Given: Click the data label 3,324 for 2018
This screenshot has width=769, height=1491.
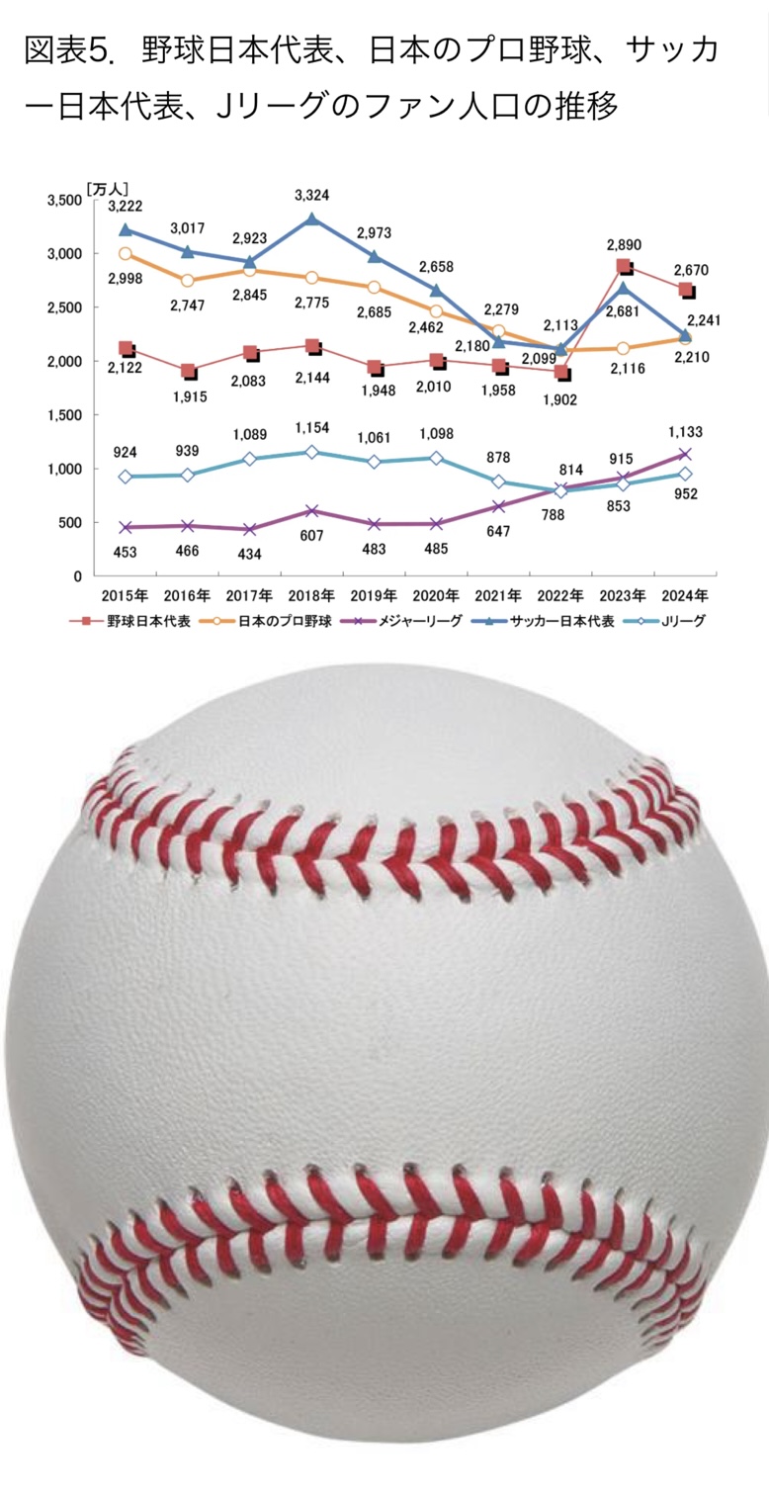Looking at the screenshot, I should [x=311, y=196].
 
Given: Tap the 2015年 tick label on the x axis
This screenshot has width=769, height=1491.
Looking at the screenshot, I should [x=125, y=596].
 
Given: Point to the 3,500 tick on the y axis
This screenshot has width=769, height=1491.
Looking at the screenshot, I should [x=64, y=201].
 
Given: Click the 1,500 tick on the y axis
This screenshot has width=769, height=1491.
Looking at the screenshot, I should [x=64, y=415].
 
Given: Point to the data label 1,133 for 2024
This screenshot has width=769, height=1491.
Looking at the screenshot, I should [x=685, y=431].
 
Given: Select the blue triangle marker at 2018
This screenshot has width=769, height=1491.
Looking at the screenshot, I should [x=311, y=219].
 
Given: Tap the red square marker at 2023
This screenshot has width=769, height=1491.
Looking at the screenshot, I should [x=624, y=267].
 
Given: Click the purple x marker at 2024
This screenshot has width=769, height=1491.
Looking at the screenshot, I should [x=685, y=455].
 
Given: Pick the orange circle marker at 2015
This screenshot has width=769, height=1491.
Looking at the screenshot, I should [x=126, y=254].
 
